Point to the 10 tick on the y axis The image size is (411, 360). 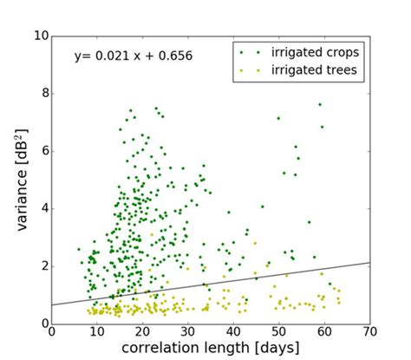tap(39, 36)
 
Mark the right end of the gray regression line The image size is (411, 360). tap(369, 262)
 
